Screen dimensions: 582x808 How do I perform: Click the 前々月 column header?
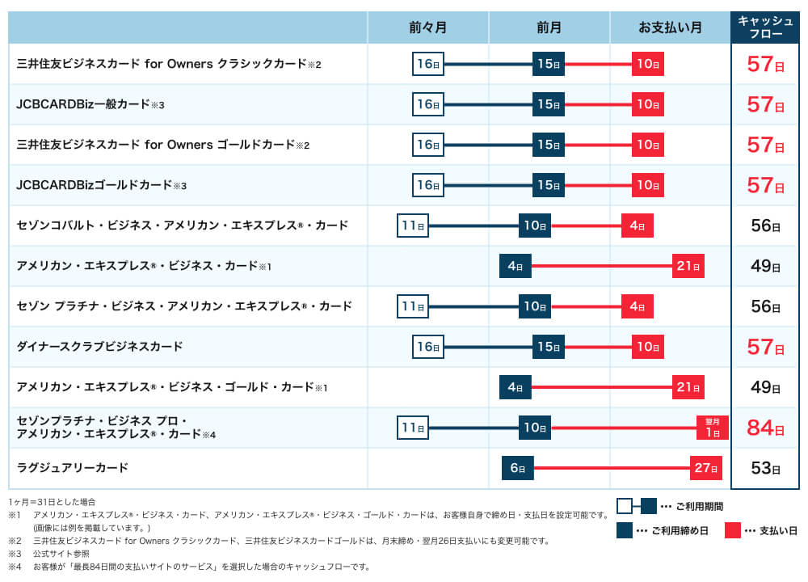pyautogui.click(x=427, y=27)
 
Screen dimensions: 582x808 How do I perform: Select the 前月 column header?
pyautogui.click(x=549, y=27)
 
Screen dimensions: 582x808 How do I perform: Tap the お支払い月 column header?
pyautogui.click(x=670, y=27)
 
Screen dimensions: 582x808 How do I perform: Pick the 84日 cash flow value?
pyautogui.click(x=765, y=428)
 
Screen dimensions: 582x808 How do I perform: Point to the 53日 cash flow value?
pyautogui.click(x=765, y=468)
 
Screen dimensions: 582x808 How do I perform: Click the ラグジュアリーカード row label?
pyautogui.click(x=72, y=468)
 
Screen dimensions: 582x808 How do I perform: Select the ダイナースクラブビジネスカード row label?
pyautogui.click(x=99, y=346)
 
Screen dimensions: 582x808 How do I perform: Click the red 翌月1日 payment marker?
pyautogui.click(x=712, y=428)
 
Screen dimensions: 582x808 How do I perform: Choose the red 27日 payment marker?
pyautogui.click(x=705, y=468)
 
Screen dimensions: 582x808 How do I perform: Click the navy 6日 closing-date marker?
pyautogui.click(x=517, y=468)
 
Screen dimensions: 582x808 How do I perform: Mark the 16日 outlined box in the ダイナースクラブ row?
pyautogui.click(x=427, y=347)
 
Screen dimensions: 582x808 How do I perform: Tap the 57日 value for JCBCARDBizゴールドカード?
pyautogui.click(x=765, y=185)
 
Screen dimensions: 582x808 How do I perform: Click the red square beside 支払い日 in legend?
pyautogui.click(x=732, y=530)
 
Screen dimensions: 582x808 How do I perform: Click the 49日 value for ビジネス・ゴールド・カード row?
pyautogui.click(x=765, y=387)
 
